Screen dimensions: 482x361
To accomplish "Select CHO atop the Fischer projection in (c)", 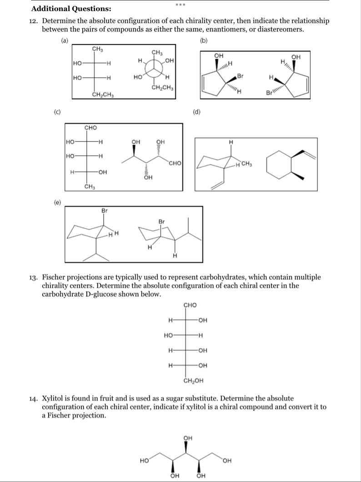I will (90, 128).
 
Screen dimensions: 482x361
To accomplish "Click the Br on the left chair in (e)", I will (105, 210).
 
